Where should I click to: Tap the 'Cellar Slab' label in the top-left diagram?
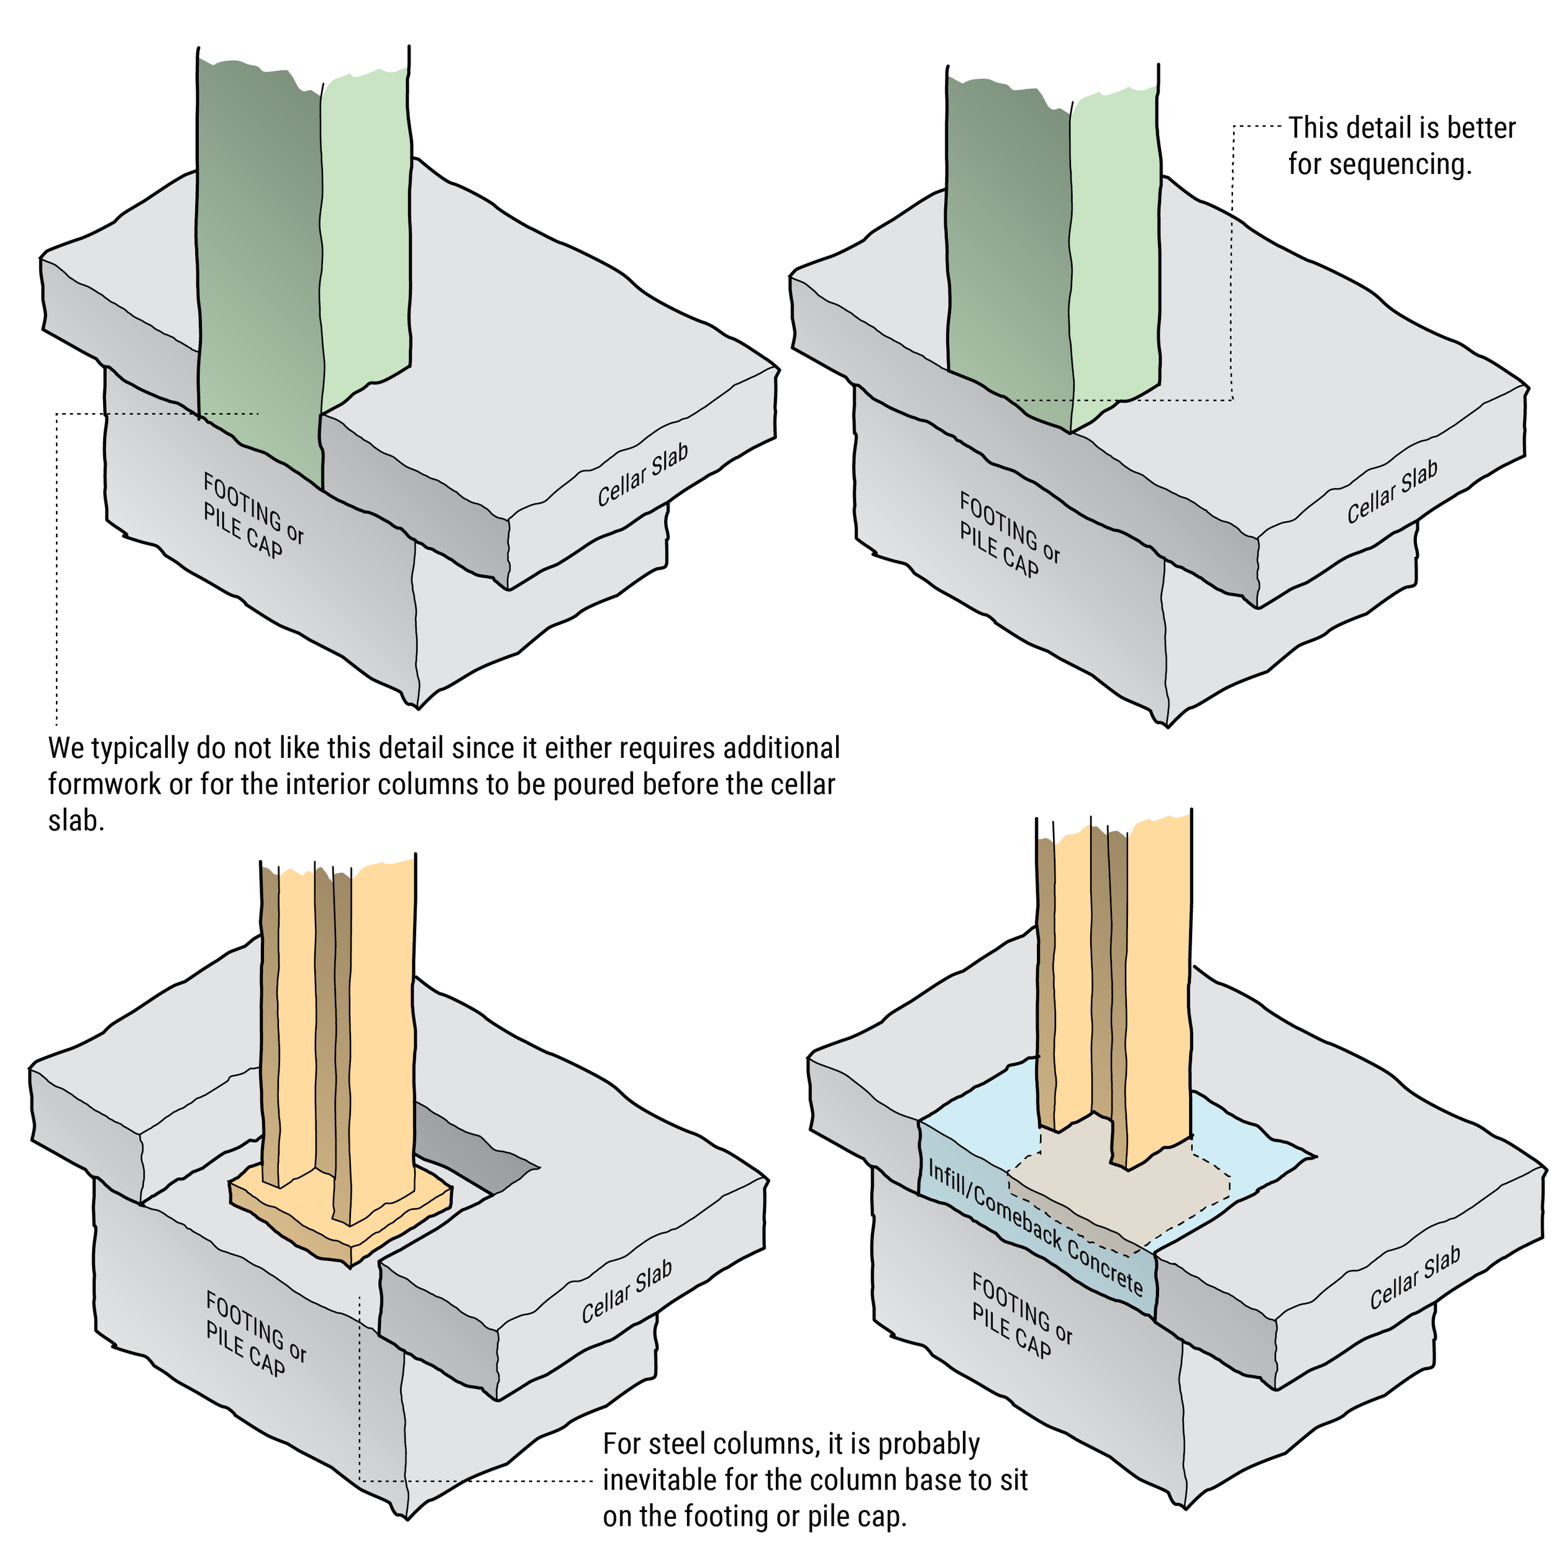pyautogui.click(x=642, y=475)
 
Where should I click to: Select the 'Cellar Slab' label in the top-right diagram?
pyautogui.click(x=1392, y=492)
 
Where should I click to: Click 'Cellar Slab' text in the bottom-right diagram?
pyautogui.click(x=1414, y=1277)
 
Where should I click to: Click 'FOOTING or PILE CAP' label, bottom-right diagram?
pyautogui.click(x=1021, y=1315)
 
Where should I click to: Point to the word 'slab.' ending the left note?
pyautogui.click(x=76, y=821)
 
